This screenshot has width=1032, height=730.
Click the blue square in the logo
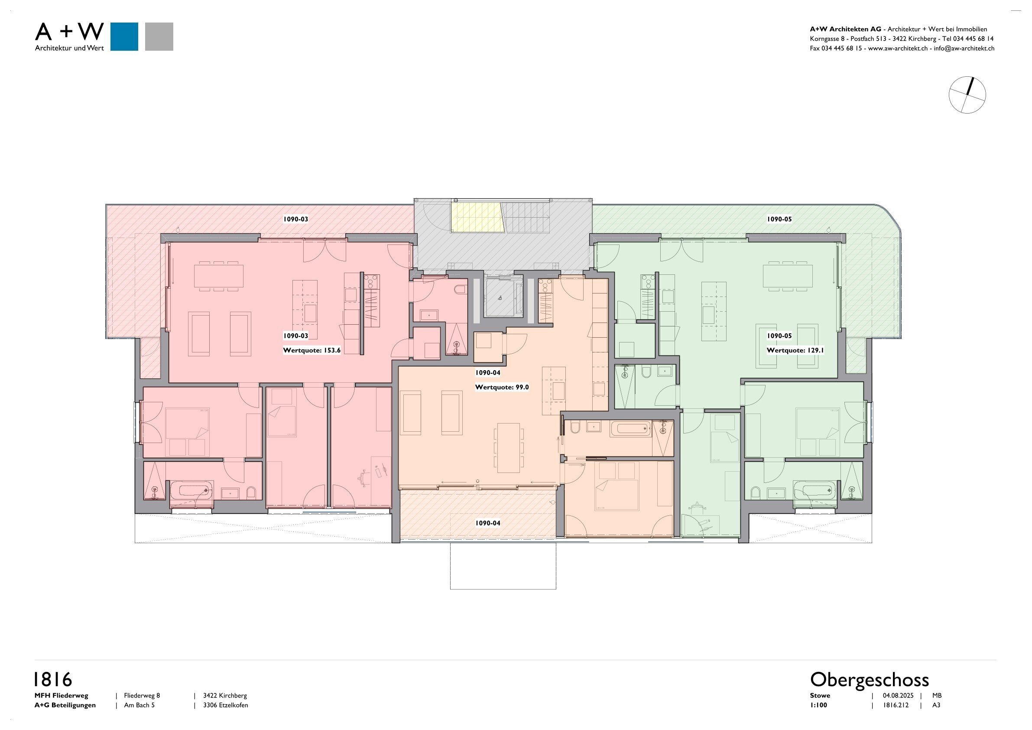point(124,36)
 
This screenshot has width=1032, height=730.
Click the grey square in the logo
point(159,36)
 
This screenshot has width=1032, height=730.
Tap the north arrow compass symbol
point(967,95)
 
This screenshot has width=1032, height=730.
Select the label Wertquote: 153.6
point(312,350)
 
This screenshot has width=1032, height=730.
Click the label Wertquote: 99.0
point(502,387)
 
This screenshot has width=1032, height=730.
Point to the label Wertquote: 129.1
point(795,350)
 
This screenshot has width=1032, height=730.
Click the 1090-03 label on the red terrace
point(295,219)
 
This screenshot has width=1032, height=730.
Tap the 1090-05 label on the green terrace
point(779,219)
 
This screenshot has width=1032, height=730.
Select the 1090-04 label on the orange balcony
point(488,523)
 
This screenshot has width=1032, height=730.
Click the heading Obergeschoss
point(869,679)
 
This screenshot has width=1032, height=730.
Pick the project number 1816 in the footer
point(53,679)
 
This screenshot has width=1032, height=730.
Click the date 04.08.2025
point(898,695)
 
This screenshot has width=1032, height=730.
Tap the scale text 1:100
point(818,705)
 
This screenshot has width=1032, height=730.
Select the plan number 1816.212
point(896,705)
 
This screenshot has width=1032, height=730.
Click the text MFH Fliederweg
point(61,695)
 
